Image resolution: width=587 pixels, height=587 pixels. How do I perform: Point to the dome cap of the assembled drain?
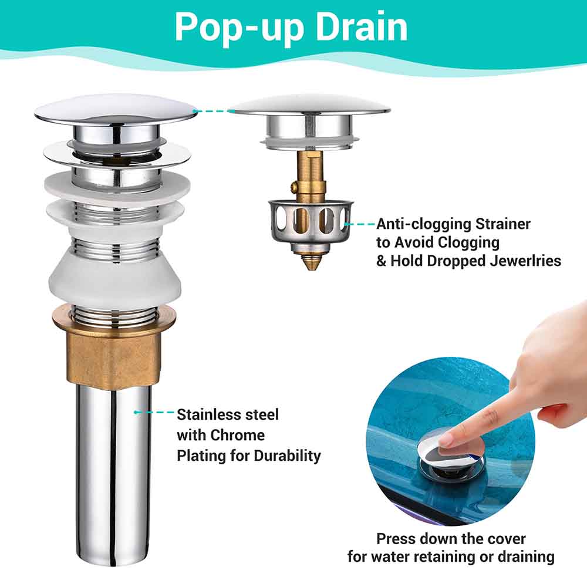coord(116,109)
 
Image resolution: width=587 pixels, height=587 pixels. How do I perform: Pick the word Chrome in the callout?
coord(237,436)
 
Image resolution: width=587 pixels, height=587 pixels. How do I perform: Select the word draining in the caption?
coord(521,556)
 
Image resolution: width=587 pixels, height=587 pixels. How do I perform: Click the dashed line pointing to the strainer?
coord(360,224)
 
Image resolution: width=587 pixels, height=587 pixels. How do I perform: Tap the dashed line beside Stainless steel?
coord(154,412)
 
